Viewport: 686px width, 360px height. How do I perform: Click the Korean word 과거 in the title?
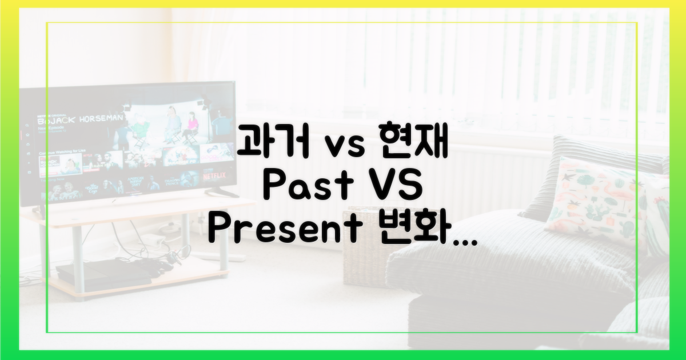266,143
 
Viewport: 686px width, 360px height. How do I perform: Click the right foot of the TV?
220,191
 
